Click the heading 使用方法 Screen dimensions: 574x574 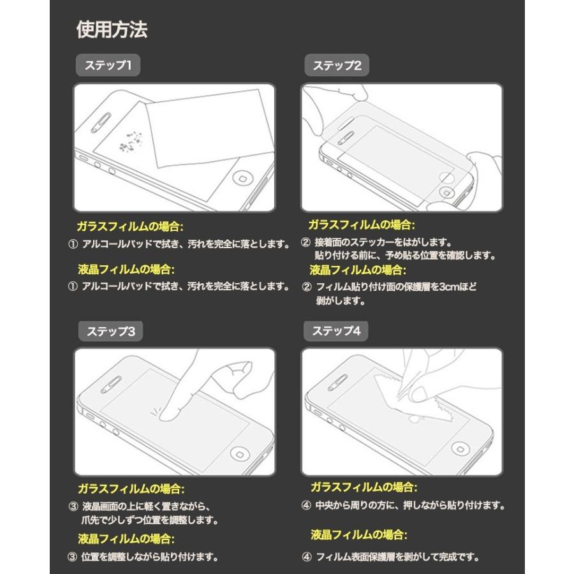point(112,29)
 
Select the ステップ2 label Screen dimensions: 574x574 point(337,65)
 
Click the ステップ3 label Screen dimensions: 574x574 point(110,331)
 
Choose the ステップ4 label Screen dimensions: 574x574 point(336,331)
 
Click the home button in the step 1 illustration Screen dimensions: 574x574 point(244,177)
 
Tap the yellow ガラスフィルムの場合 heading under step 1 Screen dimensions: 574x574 point(129,226)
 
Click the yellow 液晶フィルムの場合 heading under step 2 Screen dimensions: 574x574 point(362,269)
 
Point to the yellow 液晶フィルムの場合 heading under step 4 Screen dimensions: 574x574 point(358,534)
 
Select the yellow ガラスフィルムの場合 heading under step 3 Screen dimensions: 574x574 point(131,489)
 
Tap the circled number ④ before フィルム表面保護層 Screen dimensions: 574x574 point(306,557)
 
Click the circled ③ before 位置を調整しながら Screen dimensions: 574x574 point(73,557)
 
